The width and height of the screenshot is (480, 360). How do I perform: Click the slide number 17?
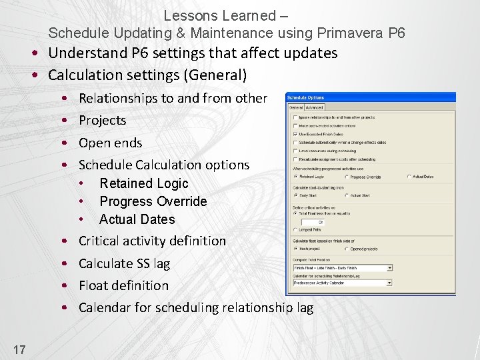click(x=19, y=348)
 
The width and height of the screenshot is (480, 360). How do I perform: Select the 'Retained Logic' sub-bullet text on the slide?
click(x=143, y=183)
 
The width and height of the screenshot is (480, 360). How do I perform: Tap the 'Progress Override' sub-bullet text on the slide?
click(x=153, y=201)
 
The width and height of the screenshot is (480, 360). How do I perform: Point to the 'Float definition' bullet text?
click(x=123, y=285)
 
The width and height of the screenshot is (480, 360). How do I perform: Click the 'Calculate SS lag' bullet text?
click(x=124, y=263)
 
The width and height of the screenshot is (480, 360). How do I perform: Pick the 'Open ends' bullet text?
click(x=110, y=143)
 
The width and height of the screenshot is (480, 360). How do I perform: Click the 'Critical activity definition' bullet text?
click(x=152, y=241)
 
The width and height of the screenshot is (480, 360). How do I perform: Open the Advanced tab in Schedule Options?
click(x=314, y=107)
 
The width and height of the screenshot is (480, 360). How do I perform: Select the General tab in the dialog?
click(x=295, y=107)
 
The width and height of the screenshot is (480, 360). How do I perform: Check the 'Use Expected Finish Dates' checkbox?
click(x=295, y=134)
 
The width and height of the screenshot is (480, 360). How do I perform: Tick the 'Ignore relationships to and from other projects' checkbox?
click(x=295, y=117)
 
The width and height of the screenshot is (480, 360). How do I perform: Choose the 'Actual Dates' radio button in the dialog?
click(x=409, y=177)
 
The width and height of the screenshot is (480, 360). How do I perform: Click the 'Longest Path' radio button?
click(x=295, y=230)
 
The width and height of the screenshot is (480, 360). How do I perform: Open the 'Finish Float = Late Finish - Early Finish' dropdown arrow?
click(x=389, y=268)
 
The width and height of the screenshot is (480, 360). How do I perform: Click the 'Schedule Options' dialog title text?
click(x=306, y=98)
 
